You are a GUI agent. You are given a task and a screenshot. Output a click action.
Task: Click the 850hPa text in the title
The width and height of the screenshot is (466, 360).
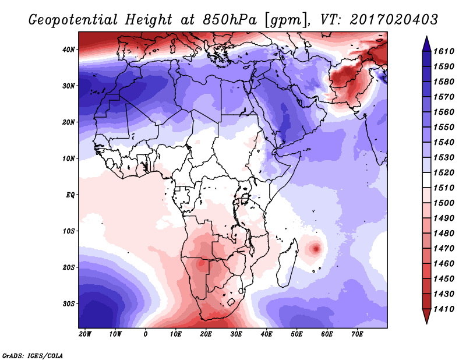click(x=230, y=20)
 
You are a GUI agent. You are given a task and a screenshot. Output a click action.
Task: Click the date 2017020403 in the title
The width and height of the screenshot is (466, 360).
click(x=394, y=20)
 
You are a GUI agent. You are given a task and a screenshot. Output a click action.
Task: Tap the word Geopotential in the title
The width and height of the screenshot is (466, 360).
click(x=73, y=20)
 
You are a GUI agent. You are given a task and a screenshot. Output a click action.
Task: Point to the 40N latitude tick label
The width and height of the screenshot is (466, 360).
click(x=69, y=50)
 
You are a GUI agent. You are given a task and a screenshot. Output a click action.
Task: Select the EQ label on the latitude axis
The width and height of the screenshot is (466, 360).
click(x=70, y=195)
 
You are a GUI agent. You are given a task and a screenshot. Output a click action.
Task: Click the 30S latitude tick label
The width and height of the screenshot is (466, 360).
click(x=69, y=304)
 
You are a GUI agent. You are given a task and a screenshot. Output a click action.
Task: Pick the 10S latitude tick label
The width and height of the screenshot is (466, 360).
click(x=69, y=231)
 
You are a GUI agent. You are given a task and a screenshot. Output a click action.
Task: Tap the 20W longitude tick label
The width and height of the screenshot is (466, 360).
click(x=85, y=334)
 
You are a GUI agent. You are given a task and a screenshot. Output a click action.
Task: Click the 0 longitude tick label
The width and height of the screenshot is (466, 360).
click(x=145, y=334)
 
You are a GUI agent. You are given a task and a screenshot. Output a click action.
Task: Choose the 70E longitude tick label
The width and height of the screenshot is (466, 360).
click(x=357, y=334)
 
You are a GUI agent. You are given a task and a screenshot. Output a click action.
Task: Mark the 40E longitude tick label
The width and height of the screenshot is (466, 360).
click(x=266, y=334)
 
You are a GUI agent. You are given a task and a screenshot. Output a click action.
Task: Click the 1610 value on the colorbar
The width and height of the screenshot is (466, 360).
click(x=444, y=51)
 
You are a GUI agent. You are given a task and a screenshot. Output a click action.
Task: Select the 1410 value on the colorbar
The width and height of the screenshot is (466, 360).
click(x=444, y=309)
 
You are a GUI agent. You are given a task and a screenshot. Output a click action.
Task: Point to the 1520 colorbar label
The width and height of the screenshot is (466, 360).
click(x=444, y=172)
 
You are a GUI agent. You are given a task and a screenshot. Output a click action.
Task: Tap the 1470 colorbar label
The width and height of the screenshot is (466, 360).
click(x=444, y=249)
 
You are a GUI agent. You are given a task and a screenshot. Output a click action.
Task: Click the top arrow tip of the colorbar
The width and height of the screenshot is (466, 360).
click(x=426, y=36)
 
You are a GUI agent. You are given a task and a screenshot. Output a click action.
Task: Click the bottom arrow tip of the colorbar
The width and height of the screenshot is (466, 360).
click(x=426, y=324)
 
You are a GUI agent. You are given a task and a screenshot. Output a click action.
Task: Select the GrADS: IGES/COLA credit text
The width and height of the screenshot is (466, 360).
click(x=33, y=356)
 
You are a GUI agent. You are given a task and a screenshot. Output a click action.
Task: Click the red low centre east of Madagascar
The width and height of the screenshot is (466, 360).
click(x=316, y=249)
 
